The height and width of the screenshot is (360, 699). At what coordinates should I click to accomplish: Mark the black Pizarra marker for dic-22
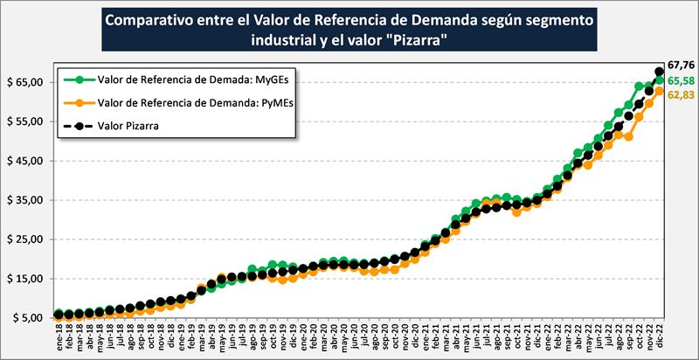[x=660, y=72]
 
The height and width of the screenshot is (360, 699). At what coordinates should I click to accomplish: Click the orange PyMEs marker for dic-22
[x=660, y=91]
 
